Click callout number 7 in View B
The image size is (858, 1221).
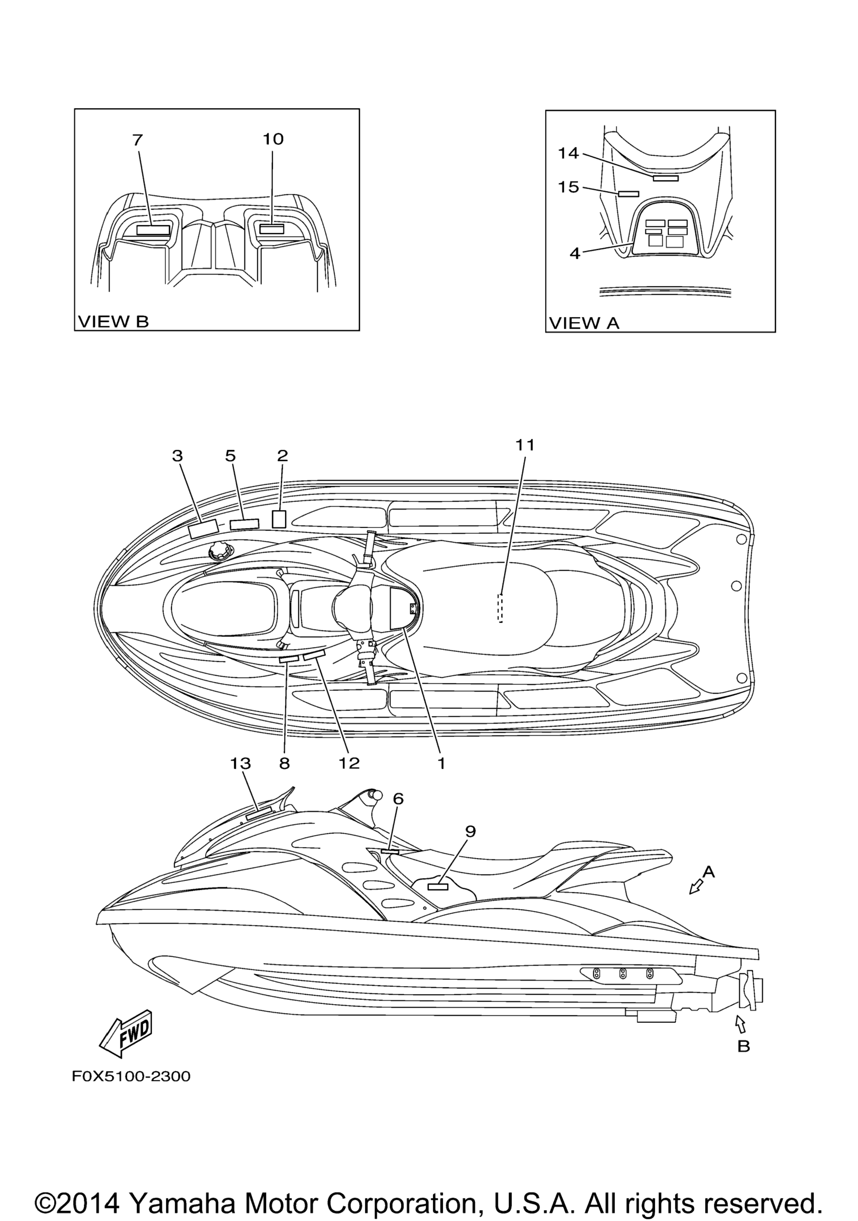pyautogui.click(x=137, y=140)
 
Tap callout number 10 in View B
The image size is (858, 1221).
pyautogui.click(x=273, y=139)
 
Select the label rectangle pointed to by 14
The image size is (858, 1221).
pyautogui.click(x=665, y=178)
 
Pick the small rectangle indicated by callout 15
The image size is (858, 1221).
pyautogui.click(x=628, y=193)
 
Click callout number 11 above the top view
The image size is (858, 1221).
pyautogui.click(x=525, y=446)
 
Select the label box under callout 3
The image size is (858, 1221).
pyautogui.click(x=203, y=530)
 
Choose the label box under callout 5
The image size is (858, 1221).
pyautogui.click(x=244, y=524)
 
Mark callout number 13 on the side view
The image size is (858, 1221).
pyautogui.click(x=240, y=764)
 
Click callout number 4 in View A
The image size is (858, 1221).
pyautogui.click(x=574, y=254)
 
